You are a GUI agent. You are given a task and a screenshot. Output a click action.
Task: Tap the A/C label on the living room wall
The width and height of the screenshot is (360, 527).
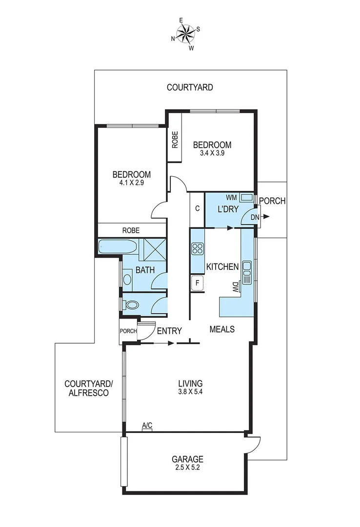pos(147,426)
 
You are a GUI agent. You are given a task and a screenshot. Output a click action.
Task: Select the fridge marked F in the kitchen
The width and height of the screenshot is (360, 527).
pos(198,283)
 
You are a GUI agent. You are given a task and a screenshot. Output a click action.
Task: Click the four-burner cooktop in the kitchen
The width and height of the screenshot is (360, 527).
pos(197,249)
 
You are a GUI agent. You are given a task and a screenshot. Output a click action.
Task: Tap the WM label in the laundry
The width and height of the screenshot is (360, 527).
pos(231,198)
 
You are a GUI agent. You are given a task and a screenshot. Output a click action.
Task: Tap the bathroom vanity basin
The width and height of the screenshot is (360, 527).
pos(127,280)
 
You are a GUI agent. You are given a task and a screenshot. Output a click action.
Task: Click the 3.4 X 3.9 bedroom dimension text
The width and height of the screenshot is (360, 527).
pos(212,153)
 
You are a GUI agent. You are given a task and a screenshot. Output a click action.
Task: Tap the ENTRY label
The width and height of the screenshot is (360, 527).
pos(169,331)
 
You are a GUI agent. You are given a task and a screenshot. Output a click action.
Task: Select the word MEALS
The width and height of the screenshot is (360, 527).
pos(222,329)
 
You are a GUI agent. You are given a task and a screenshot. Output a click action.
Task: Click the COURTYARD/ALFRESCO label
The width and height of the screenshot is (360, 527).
pos(87,388)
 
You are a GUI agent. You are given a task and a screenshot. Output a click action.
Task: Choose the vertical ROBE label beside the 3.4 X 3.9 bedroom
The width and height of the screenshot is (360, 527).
pos(175,140)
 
